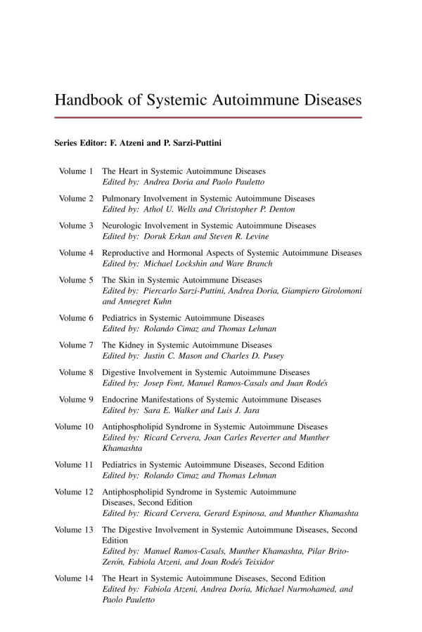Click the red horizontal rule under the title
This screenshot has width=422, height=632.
click(x=208, y=117)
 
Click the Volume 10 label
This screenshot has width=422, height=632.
click(x=74, y=426)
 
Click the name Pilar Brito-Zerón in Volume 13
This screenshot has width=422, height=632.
click(x=331, y=552)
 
